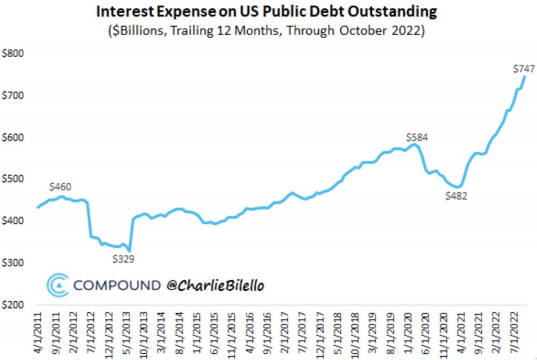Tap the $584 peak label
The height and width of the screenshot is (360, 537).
(417, 138)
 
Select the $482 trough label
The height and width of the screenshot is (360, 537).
(456, 197)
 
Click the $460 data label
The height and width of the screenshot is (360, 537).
(60, 187)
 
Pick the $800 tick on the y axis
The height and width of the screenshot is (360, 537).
(13, 53)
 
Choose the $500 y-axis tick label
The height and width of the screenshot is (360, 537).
(13, 179)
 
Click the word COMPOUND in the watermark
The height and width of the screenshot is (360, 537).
(116, 285)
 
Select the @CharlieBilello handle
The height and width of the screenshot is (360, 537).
(215, 285)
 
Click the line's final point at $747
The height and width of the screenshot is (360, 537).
(524, 77)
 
